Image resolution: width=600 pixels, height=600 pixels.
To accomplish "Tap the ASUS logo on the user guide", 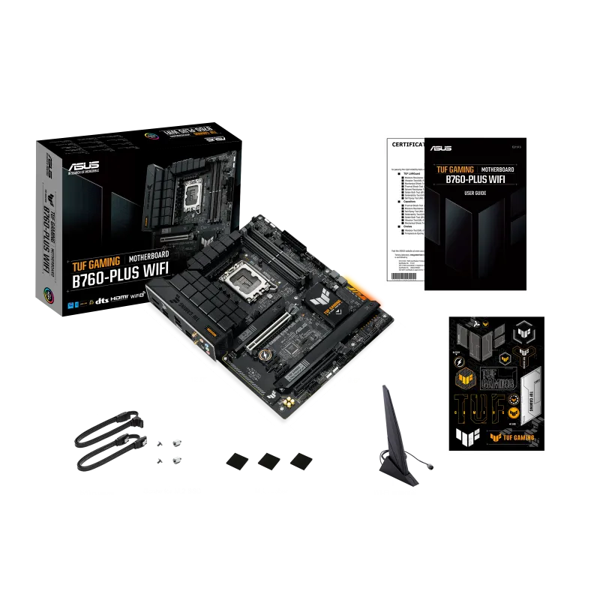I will click(x=444, y=149).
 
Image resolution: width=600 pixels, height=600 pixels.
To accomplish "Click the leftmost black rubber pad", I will click(x=237, y=459).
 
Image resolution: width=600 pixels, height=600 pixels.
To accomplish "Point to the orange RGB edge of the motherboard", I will click(x=371, y=295).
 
